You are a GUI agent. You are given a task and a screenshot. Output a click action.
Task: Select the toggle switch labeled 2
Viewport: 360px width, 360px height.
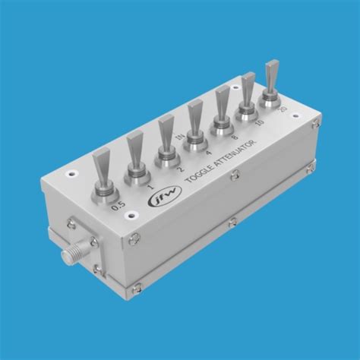click(x=167, y=141)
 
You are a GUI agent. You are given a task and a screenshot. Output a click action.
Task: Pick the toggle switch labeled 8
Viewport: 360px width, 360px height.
click(x=223, y=111)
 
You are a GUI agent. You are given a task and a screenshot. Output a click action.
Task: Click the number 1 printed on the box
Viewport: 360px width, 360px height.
click(x=152, y=186)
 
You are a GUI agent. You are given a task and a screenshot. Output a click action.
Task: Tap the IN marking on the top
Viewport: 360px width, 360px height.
click(x=180, y=137)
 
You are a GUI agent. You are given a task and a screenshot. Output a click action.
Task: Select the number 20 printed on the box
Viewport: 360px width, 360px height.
click(x=283, y=110)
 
